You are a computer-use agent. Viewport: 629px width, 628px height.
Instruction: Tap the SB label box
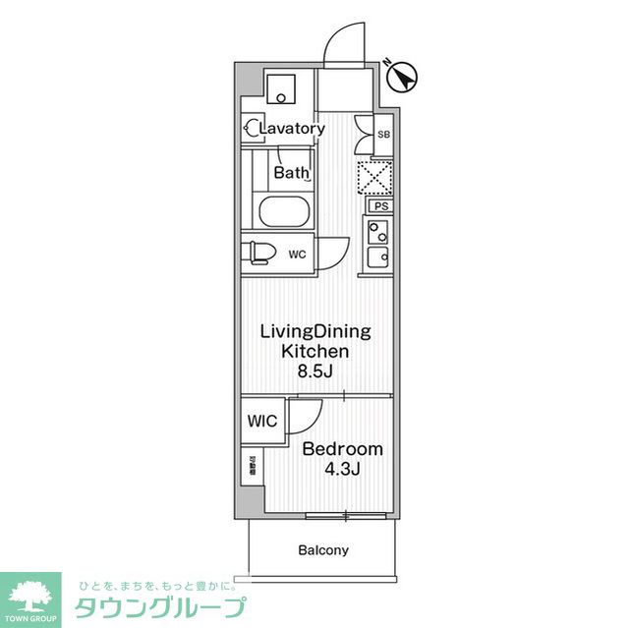(383, 134)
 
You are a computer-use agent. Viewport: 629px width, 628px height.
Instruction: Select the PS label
(380, 206)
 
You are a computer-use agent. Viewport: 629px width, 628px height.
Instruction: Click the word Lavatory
(292, 129)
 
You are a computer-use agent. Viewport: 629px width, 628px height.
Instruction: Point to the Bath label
(291, 173)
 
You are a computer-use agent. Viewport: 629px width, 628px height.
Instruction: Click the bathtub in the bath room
(283, 211)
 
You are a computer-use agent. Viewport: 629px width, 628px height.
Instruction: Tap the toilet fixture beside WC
(259, 253)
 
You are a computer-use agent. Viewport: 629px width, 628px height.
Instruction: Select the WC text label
(298, 254)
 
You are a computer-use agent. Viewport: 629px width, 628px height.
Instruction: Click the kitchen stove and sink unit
(378, 244)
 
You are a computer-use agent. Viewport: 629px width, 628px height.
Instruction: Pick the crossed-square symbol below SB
(373, 177)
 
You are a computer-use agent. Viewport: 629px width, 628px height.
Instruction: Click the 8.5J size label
(315, 371)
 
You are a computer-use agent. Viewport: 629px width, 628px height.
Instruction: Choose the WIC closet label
(263, 421)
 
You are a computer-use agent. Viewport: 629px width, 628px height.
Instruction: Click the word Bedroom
(342, 449)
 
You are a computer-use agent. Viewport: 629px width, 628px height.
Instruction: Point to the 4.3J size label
(343, 469)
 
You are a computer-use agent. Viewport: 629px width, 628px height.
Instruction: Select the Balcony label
(323, 550)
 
